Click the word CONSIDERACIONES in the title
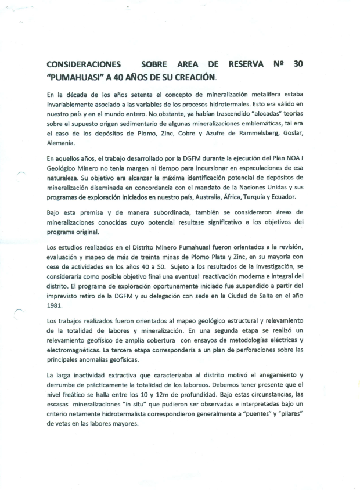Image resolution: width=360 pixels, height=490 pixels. [x=84, y=64]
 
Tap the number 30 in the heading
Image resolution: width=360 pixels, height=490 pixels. [x=298, y=64]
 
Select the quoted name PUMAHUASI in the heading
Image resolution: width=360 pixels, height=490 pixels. [x=71, y=76]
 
